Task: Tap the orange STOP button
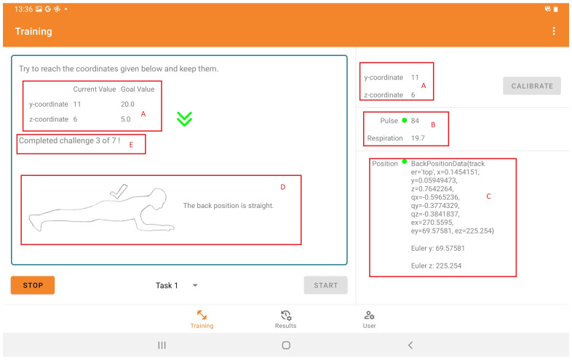(x=33, y=285)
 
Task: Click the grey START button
(x=326, y=285)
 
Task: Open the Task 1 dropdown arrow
(x=195, y=285)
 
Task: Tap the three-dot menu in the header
(x=554, y=31)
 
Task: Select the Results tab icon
(x=286, y=315)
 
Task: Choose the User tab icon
(x=369, y=315)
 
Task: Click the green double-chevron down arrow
(x=185, y=119)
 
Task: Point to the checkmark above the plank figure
(x=119, y=191)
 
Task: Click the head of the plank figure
(x=159, y=199)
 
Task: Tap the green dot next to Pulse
(x=404, y=121)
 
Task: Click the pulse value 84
(x=415, y=121)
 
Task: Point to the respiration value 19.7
(x=418, y=138)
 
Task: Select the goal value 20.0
(x=127, y=104)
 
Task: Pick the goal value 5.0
(x=126, y=119)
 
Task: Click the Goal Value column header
(x=138, y=89)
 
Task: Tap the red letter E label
(x=131, y=145)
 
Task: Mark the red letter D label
(x=282, y=187)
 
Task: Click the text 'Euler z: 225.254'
(x=437, y=266)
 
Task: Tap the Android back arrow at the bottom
(x=410, y=345)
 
